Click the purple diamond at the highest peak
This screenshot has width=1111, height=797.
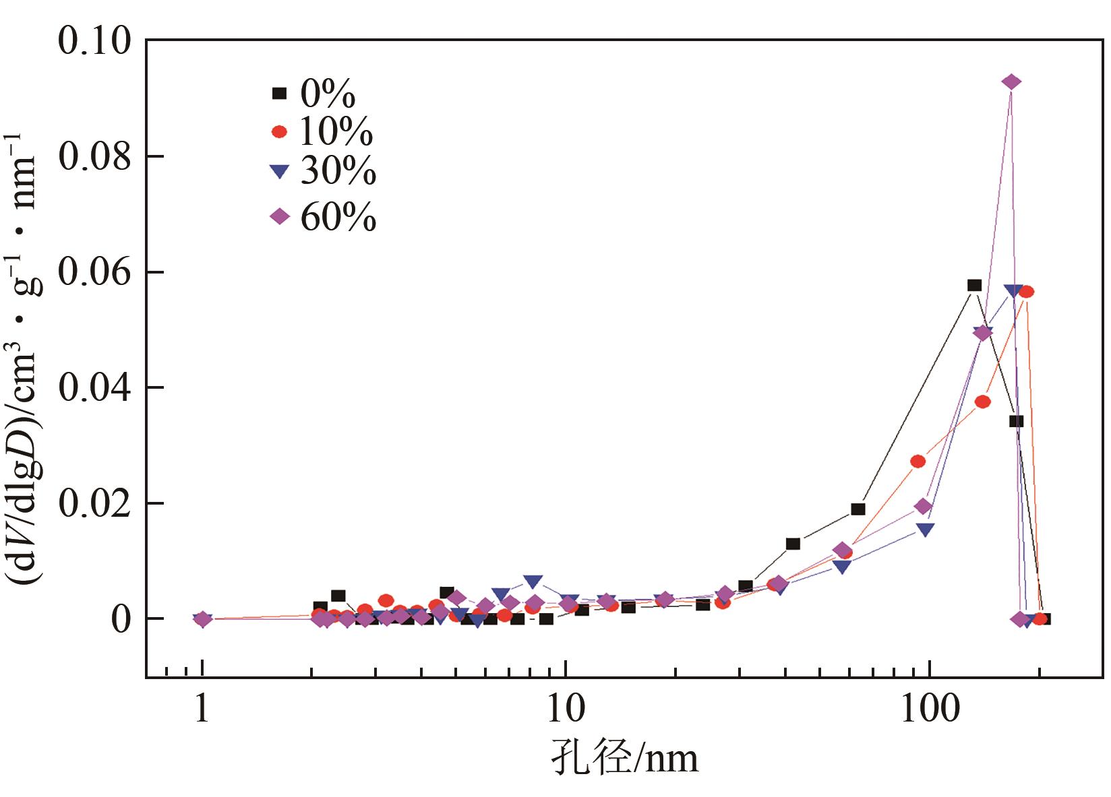pyautogui.click(x=1011, y=82)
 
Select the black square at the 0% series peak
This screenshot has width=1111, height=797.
pyautogui.click(x=974, y=285)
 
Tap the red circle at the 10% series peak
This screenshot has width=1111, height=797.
pyautogui.click(x=1026, y=292)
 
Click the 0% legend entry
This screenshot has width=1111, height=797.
pyautogui.click(x=313, y=95)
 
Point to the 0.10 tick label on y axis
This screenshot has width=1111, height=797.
pyautogui.click(x=94, y=42)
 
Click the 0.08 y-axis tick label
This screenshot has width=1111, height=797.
pyautogui.click(x=94, y=157)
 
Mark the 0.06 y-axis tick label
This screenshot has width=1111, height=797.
pyautogui.click(x=94, y=273)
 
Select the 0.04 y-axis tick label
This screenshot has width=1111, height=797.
pyautogui.click(x=94, y=388)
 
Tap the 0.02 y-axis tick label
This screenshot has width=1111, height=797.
pyautogui.click(x=94, y=504)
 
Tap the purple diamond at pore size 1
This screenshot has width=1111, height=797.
pyautogui.click(x=202, y=619)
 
